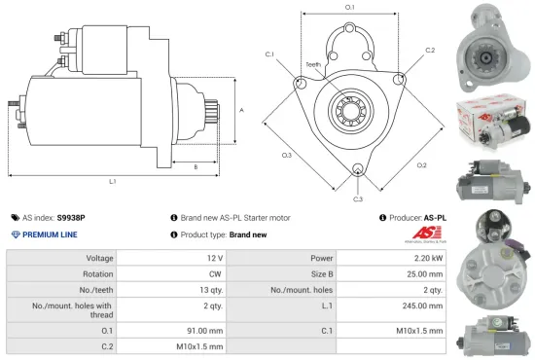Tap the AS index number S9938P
click(71, 218)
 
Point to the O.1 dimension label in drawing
click(349, 8)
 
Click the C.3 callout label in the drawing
click(358, 198)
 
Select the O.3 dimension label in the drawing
click(287, 155)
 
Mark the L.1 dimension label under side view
click(112, 181)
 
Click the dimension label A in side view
click(240, 110)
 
